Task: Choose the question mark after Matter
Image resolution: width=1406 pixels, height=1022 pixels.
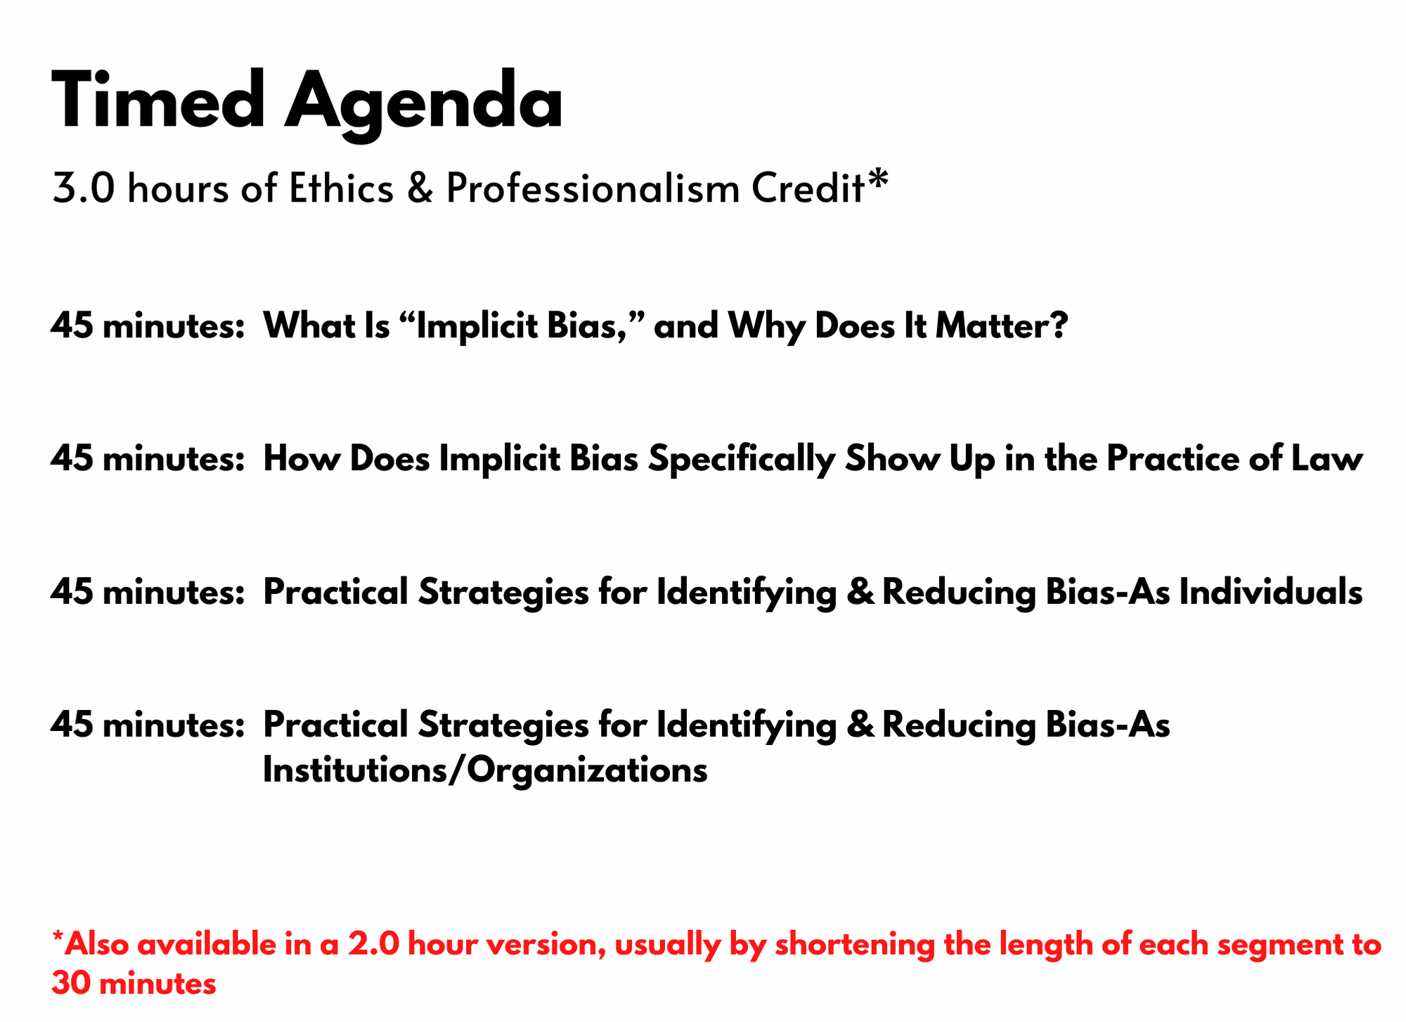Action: [1059, 326]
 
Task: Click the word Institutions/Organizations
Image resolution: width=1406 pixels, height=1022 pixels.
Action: [485, 770]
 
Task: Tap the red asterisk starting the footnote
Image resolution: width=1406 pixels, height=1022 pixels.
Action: [58, 938]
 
